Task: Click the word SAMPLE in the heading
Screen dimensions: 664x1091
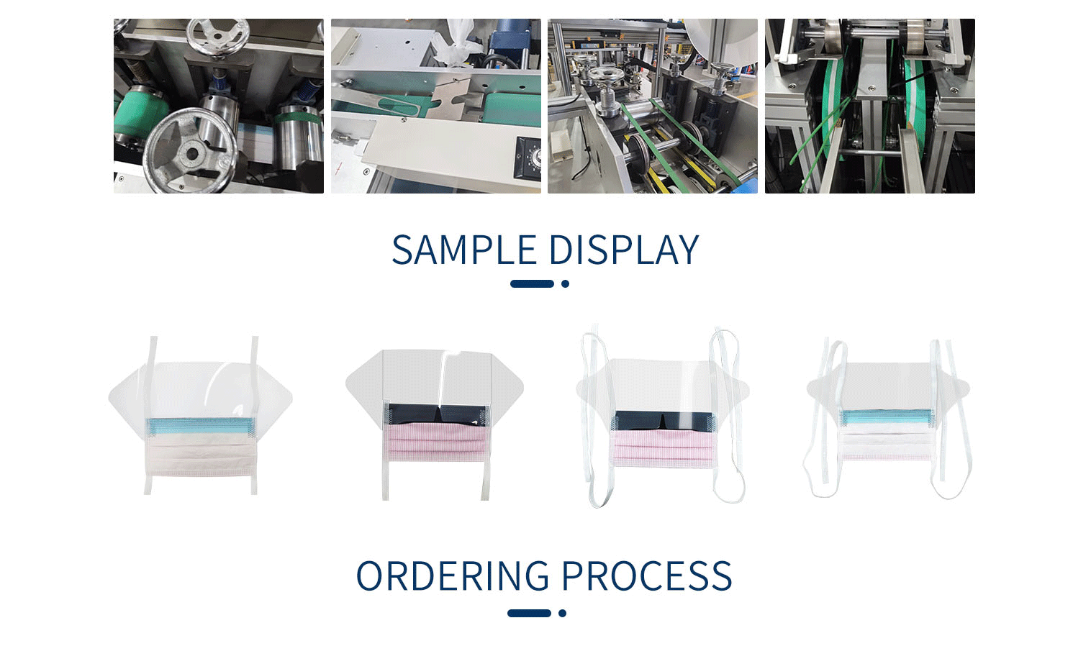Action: click(x=464, y=250)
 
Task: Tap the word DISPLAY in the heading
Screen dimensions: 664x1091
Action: click(x=623, y=250)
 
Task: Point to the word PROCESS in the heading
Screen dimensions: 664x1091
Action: click(x=646, y=576)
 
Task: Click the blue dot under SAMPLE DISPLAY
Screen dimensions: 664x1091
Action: click(x=565, y=284)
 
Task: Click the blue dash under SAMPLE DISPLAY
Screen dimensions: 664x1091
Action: click(x=532, y=284)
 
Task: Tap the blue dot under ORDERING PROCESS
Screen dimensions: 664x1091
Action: click(x=562, y=614)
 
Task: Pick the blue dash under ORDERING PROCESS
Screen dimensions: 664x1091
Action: click(x=529, y=614)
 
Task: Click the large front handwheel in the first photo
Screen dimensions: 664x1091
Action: click(x=189, y=150)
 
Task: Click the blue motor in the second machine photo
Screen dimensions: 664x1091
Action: click(x=512, y=36)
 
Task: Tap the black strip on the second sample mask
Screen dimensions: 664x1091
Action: click(x=435, y=414)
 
